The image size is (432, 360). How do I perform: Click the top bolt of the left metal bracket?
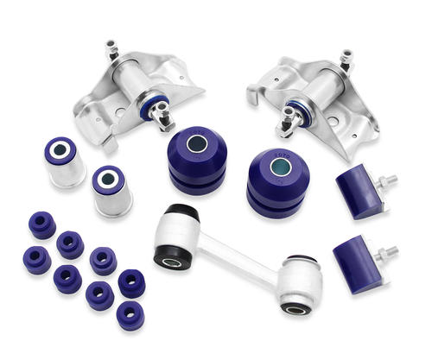coord(111,48)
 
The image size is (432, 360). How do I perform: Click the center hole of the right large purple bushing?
coord(278,165)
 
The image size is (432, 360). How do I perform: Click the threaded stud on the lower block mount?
coord(391,252)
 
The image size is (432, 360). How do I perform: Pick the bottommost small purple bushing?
coord(130,315)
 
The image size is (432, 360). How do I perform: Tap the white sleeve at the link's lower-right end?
coord(300,281)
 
